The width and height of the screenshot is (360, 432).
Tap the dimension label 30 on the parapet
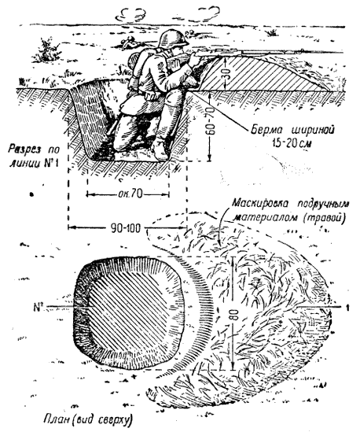(226, 73)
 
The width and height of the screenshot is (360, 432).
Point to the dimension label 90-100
(126, 228)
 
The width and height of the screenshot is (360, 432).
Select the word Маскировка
(260, 203)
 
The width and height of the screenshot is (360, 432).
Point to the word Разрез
(24, 150)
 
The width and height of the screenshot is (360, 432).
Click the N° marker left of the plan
(38, 307)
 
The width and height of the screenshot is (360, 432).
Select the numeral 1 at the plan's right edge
(348, 308)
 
